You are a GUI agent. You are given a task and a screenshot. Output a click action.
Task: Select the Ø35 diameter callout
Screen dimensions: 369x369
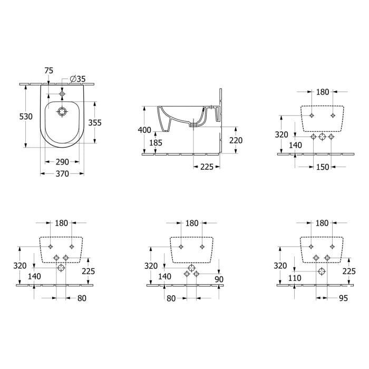[77, 79]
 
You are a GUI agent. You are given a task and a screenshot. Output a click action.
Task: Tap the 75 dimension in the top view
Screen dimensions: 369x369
[49, 70]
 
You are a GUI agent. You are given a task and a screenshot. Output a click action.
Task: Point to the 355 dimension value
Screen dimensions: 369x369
[95, 122]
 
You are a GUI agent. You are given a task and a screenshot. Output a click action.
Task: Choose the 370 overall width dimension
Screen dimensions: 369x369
[62, 174]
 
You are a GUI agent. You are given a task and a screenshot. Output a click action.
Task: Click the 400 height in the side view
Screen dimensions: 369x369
[145, 130]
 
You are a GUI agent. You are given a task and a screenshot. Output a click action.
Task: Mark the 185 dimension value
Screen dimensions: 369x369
[156, 142]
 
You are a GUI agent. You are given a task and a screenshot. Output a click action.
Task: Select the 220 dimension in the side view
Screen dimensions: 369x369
[236, 141]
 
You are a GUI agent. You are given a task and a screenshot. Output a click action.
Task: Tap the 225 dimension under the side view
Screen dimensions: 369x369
[207, 167]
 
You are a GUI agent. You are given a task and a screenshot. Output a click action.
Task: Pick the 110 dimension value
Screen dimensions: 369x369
[295, 278]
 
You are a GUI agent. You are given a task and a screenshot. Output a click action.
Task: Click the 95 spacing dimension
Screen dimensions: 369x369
[342, 298]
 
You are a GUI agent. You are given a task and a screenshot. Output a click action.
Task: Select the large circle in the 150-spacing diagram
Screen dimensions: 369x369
[323, 137]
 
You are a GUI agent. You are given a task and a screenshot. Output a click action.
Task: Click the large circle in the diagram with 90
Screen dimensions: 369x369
[191, 267]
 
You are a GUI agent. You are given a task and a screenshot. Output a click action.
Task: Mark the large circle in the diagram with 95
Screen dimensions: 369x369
[322, 270]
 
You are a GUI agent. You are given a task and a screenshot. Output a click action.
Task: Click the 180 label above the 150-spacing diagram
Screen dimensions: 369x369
[322, 92]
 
